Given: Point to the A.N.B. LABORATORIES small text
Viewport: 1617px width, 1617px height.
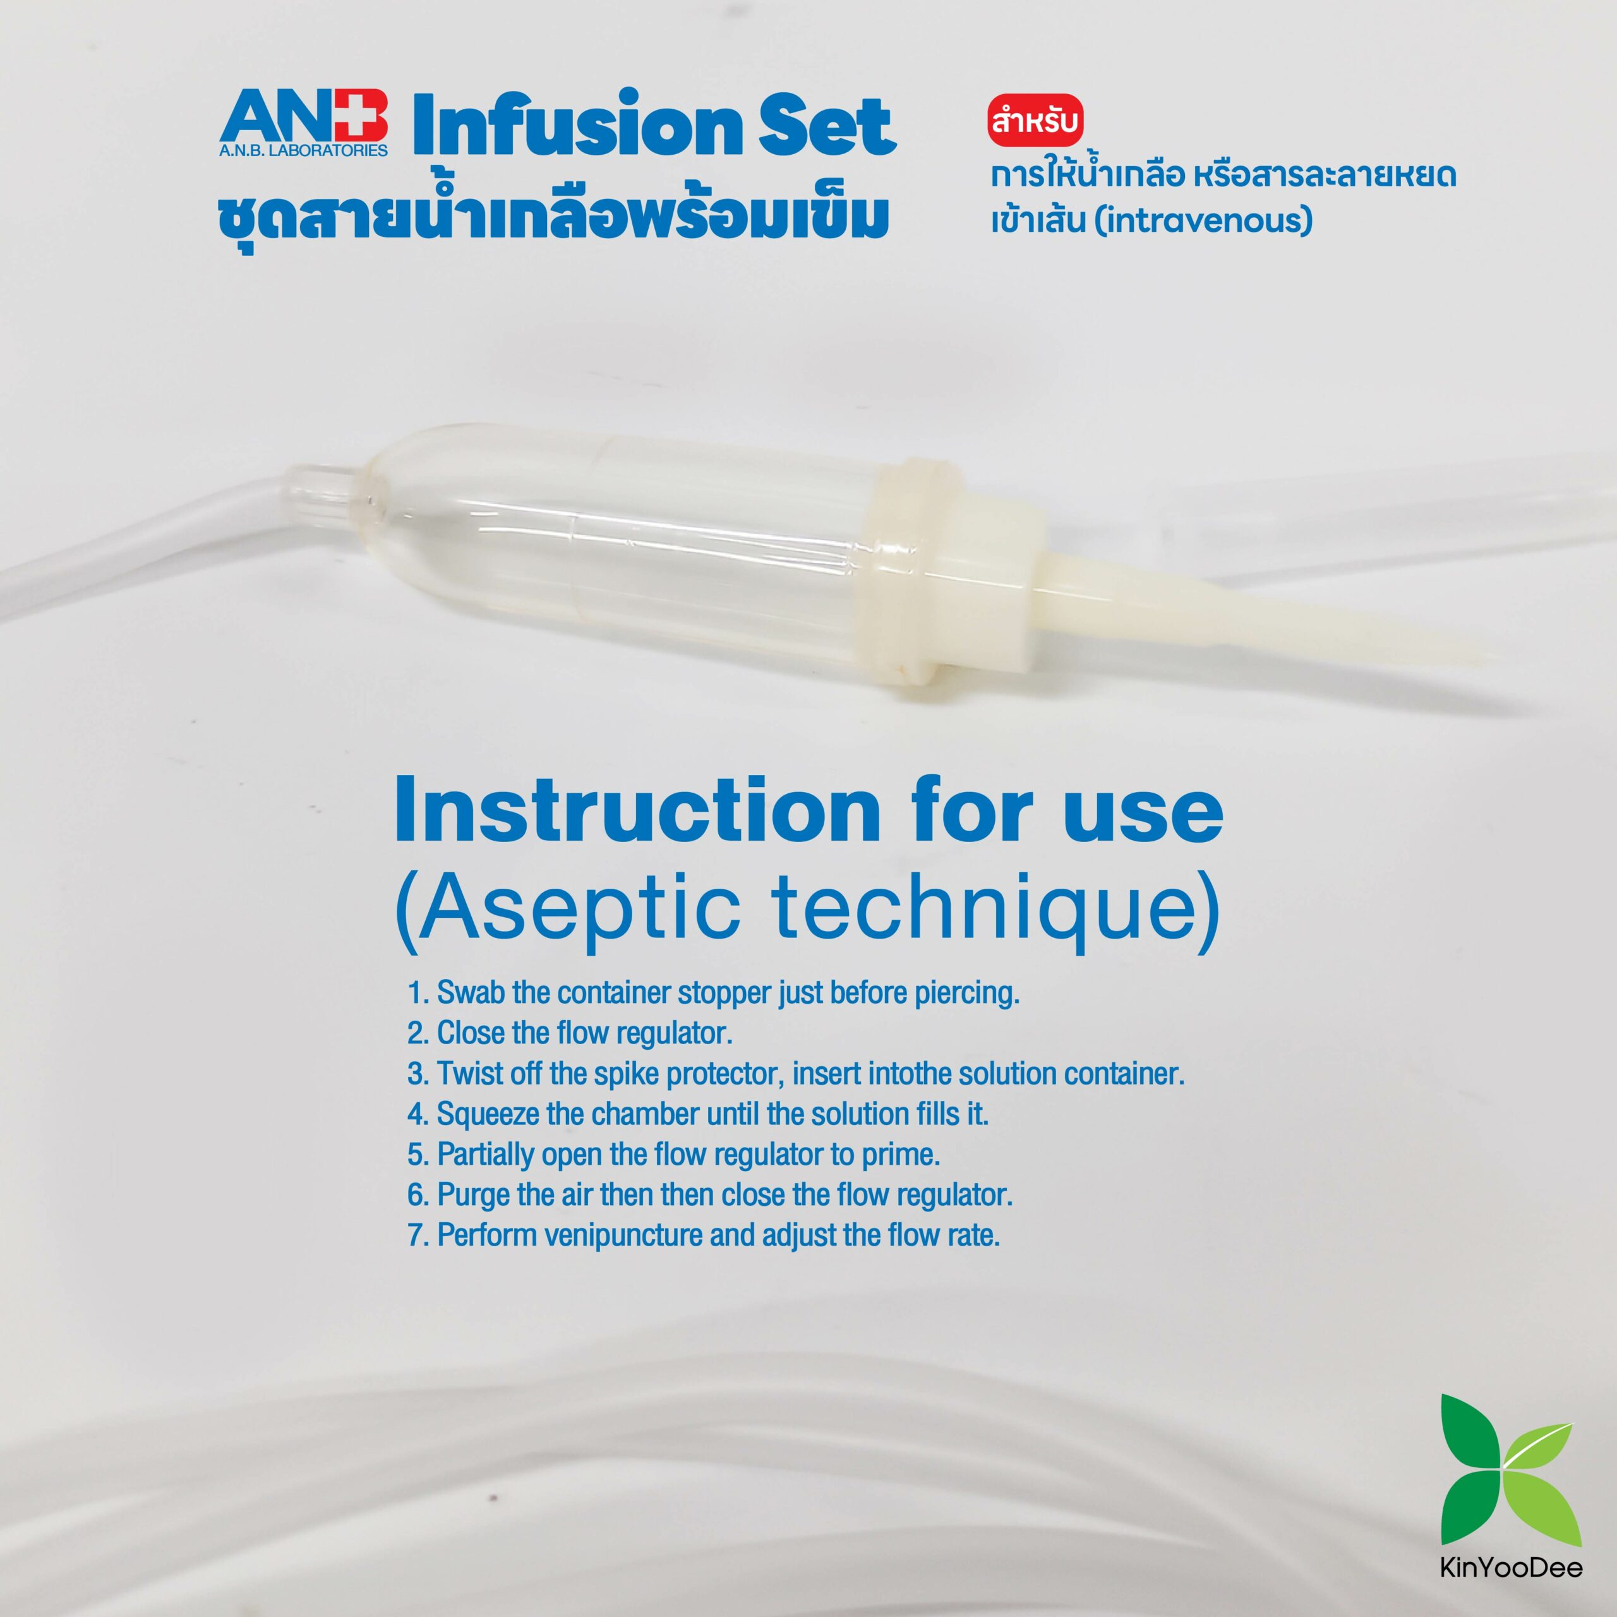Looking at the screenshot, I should tap(303, 152).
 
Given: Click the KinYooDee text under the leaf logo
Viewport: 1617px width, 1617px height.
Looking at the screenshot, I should tap(1511, 1566).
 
